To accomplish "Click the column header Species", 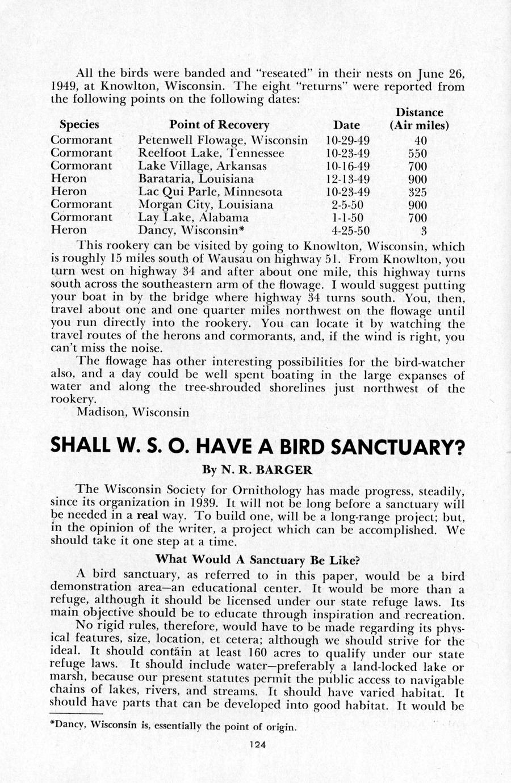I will pyautogui.click(x=79, y=125).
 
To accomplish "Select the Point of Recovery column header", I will pyautogui.click(x=219, y=125).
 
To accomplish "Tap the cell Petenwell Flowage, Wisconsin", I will pyautogui.click(x=223, y=140).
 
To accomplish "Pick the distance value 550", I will pyautogui.click(x=417, y=153).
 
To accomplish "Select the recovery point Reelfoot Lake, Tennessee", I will pyautogui.click(x=211, y=153).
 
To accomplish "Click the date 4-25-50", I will pyautogui.click(x=350, y=230).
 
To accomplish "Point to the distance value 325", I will pyautogui.click(x=417, y=192).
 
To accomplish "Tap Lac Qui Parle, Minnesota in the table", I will pyautogui.click(x=210, y=192).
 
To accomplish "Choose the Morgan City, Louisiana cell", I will pyautogui.click(x=206, y=205).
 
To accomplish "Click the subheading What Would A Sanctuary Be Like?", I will pyautogui.click(x=258, y=559).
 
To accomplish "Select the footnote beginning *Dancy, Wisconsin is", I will pyautogui.click(x=173, y=726).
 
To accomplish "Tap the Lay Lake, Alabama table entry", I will pyautogui.click(x=194, y=218).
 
